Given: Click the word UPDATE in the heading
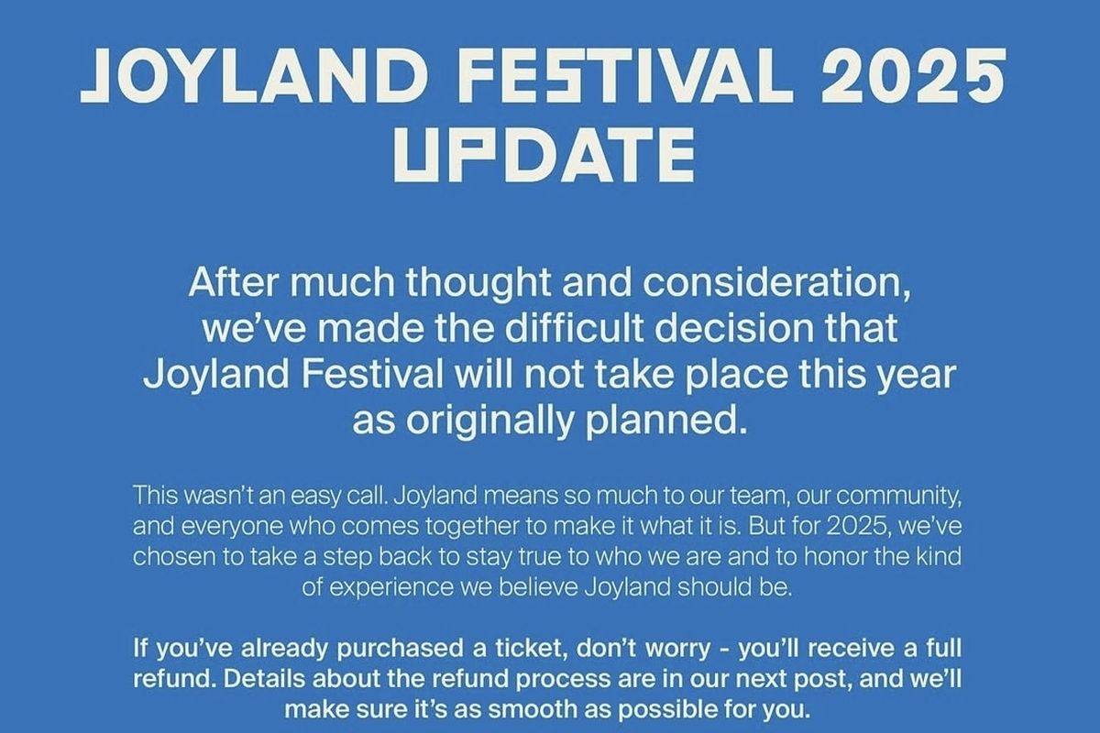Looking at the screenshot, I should click(x=543, y=157).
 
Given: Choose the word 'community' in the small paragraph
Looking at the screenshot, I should click(x=896, y=496).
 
